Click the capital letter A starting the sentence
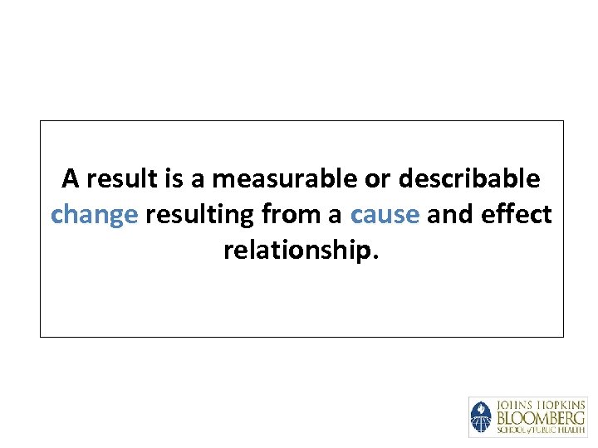tap(71, 178)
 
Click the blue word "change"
tap(94, 215)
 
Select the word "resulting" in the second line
tap(199, 215)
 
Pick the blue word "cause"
tap(385, 215)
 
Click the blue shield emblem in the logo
tap(482, 417)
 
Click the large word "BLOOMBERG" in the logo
tap(541, 417)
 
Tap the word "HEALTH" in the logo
tap(570, 430)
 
